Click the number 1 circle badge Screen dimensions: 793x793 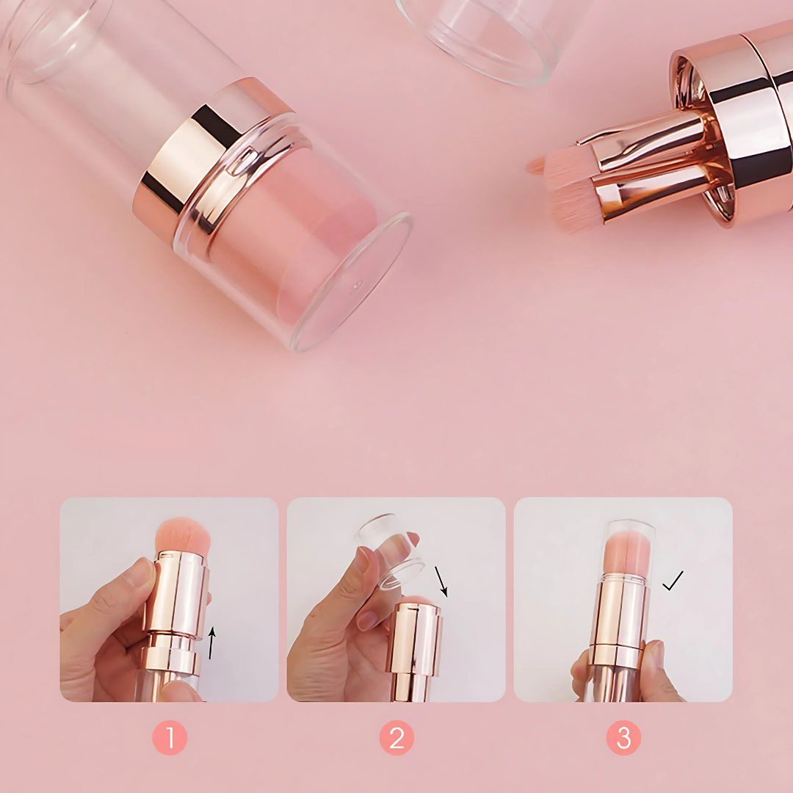coord(170,737)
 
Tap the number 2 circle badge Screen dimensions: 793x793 coord(396,737)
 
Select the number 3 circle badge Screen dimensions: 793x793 coord(623,737)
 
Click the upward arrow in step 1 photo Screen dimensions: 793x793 coord(212,642)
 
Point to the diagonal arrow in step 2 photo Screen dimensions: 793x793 coord(441,582)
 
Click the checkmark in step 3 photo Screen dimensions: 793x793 coord(673,581)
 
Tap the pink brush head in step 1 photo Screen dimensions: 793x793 coord(183,535)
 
